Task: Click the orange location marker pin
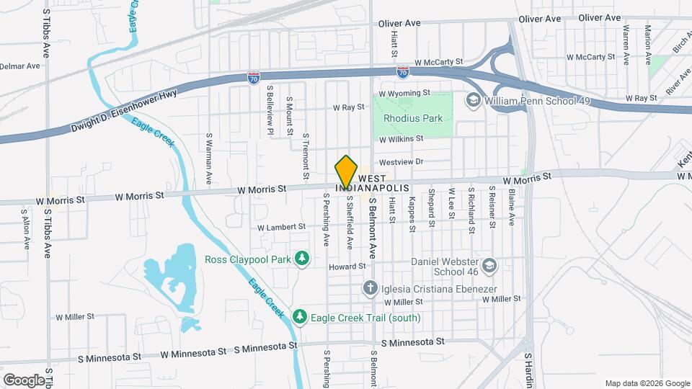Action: coord(346,171)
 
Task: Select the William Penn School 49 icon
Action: coord(474,100)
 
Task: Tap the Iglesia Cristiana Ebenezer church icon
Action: coord(370,288)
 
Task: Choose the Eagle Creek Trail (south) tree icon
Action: coord(300,317)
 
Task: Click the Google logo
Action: coord(24,380)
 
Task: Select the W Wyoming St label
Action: coord(404,93)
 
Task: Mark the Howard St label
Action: coord(342,267)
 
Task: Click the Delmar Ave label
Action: coord(20,66)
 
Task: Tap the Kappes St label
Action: coord(412,215)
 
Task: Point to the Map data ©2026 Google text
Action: coord(646,383)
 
